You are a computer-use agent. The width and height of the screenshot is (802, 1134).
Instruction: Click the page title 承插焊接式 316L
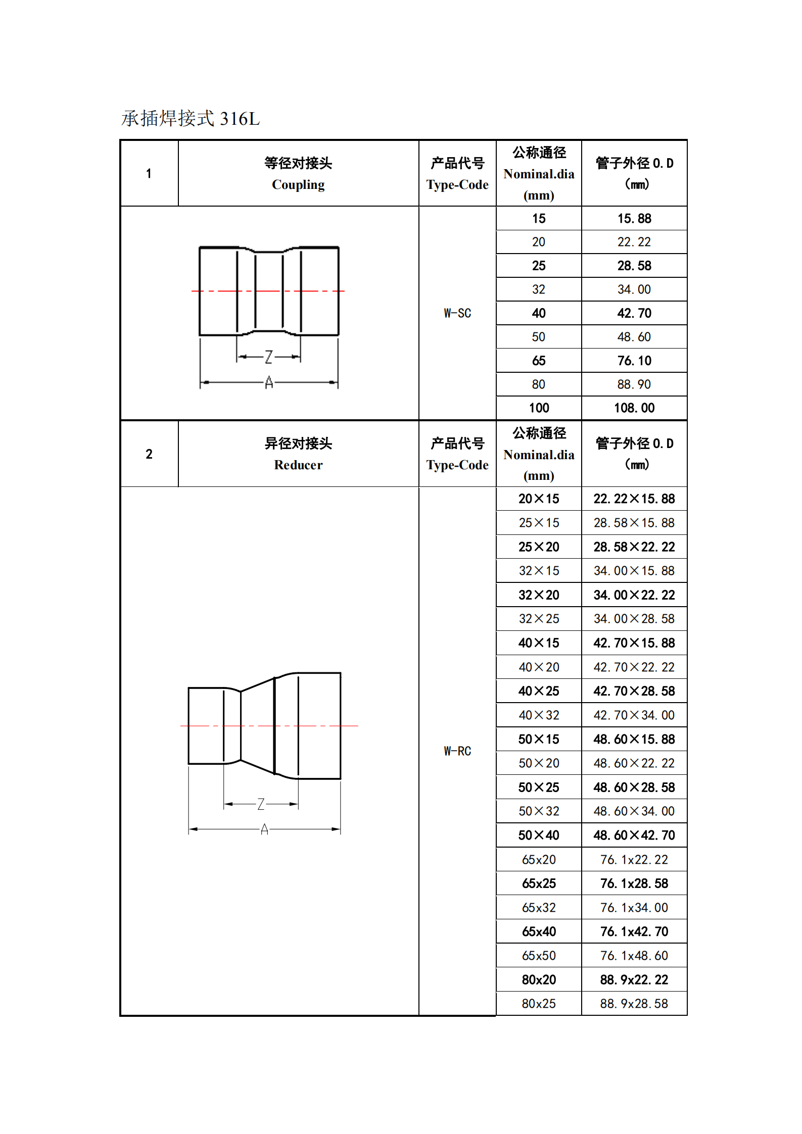click(x=191, y=119)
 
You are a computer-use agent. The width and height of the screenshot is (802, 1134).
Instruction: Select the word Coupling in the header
click(x=298, y=185)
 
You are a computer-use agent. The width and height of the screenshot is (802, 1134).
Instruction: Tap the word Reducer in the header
click(x=298, y=465)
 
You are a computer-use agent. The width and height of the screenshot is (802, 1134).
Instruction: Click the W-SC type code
click(x=457, y=313)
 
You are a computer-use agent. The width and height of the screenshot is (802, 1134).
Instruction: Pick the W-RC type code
click(x=457, y=751)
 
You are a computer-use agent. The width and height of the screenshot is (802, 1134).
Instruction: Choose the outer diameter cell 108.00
click(x=634, y=408)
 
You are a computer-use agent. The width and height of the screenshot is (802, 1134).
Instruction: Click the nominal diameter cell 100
click(x=539, y=408)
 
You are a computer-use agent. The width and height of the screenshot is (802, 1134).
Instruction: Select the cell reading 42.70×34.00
click(x=634, y=715)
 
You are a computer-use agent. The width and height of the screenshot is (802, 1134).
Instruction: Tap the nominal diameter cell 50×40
click(x=539, y=835)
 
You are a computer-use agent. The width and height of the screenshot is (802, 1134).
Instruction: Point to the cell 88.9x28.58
click(x=634, y=1004)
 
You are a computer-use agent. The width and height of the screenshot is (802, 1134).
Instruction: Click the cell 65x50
click(x=539, y=956)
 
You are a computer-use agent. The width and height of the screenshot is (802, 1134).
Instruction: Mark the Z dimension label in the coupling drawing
click(x=269, y=357)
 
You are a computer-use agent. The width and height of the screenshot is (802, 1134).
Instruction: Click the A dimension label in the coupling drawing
click(x=269, y=382)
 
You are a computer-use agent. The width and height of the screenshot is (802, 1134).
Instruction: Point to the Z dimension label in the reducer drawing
click(x=261, y=804)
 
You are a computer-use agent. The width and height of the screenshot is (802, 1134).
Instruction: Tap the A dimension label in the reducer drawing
click(x=264, y=829)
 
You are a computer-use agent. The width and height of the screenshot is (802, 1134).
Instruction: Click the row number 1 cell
click(x=149, y=174)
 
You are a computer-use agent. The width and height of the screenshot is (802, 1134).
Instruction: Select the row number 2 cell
click(x=149, y=454)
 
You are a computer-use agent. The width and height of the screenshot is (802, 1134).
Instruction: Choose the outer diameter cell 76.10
click(x=634, y=361)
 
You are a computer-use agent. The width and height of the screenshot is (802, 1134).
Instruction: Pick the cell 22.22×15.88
click(x=634, y=499)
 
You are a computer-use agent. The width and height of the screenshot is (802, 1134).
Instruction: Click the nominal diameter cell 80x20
click(x=539, y=980)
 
